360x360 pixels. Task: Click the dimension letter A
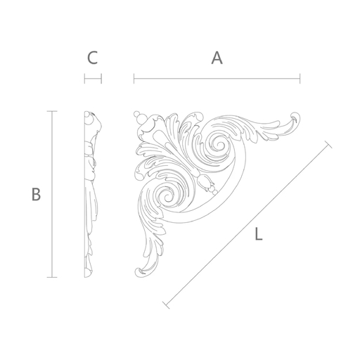pyautogui.click(x=217, y=58)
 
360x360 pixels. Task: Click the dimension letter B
pyautogui.click(x=36, y=194)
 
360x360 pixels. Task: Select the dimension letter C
pyautogui.click(x=92, y=58)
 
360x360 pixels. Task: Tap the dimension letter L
pyautogui.click(x=259, y=233)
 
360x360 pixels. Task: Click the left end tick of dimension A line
pyautogui.click(x=134, y=79)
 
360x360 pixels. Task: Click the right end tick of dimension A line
pyautogui.click(x=300, y=79)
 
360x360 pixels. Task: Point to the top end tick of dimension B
pyautogui.click(x=52, y=111)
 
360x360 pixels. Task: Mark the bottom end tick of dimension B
pyautogui.click(x=52, y=277)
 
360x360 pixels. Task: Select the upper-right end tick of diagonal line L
pyautogui.click(x=328, y=144)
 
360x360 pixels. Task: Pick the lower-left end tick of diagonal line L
pyautogui.click(x=166, y=305)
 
